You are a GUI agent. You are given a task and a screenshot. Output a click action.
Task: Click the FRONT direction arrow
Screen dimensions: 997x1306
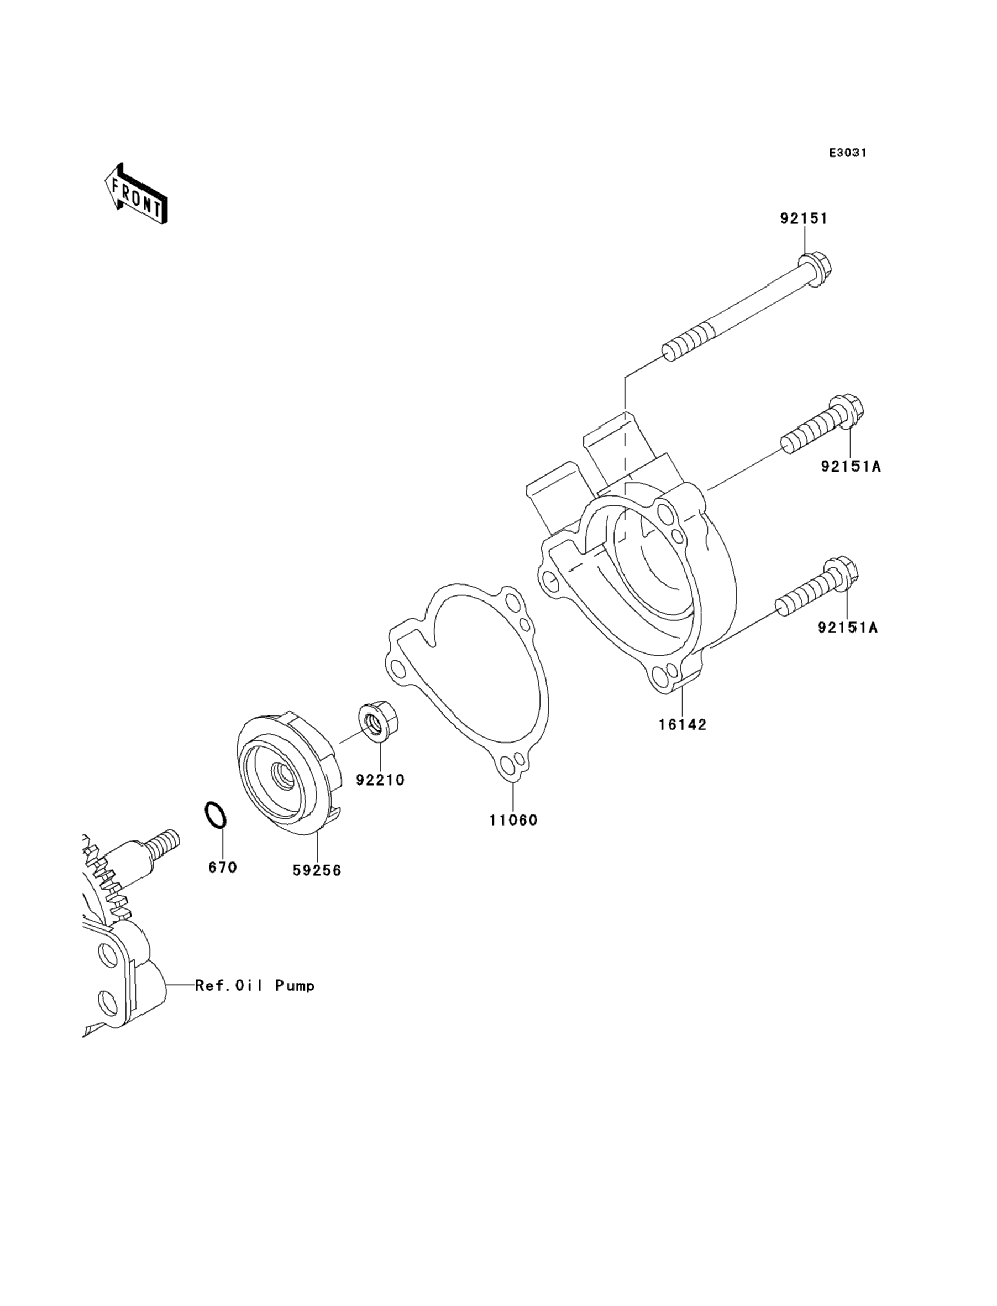(x=136, y=194)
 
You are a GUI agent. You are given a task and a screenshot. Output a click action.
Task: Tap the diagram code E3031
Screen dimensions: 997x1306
(x=848, y=153)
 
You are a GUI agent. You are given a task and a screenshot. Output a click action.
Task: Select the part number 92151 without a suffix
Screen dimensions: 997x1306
(x=804, y=218)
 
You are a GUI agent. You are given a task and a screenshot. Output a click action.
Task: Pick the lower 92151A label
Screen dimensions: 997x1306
(x=847, y=627)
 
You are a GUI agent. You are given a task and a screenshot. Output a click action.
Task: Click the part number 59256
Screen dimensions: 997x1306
(x=317, y=870)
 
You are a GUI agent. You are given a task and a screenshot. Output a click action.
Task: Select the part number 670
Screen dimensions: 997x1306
(x=223, y=868)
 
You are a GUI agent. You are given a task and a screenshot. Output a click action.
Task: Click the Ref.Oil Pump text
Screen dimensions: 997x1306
(x=255, y=986)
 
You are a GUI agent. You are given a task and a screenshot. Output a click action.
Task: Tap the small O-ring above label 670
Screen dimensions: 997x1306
(x=216, y=814)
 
